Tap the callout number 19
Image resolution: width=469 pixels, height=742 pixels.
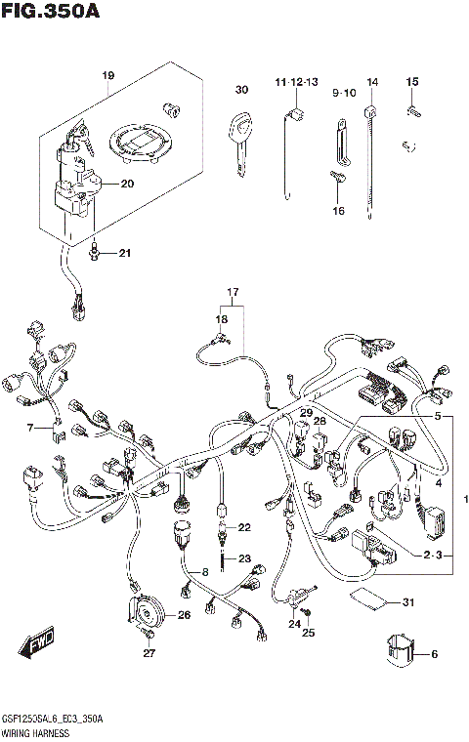click(x=107, y=75)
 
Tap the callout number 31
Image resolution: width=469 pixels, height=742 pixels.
click(x=408, y=600)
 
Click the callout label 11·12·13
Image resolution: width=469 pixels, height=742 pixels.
click(x=297, y=81)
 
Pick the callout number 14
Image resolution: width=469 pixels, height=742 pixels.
click(x=372, y=81)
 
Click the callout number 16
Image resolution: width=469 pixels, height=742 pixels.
click(x=338, y=210)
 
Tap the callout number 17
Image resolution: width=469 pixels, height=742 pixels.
click(x=234, y=292)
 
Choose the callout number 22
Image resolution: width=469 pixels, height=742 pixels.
click(x=244, y=527)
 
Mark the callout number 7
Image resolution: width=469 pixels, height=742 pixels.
click(x=30, y=428)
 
